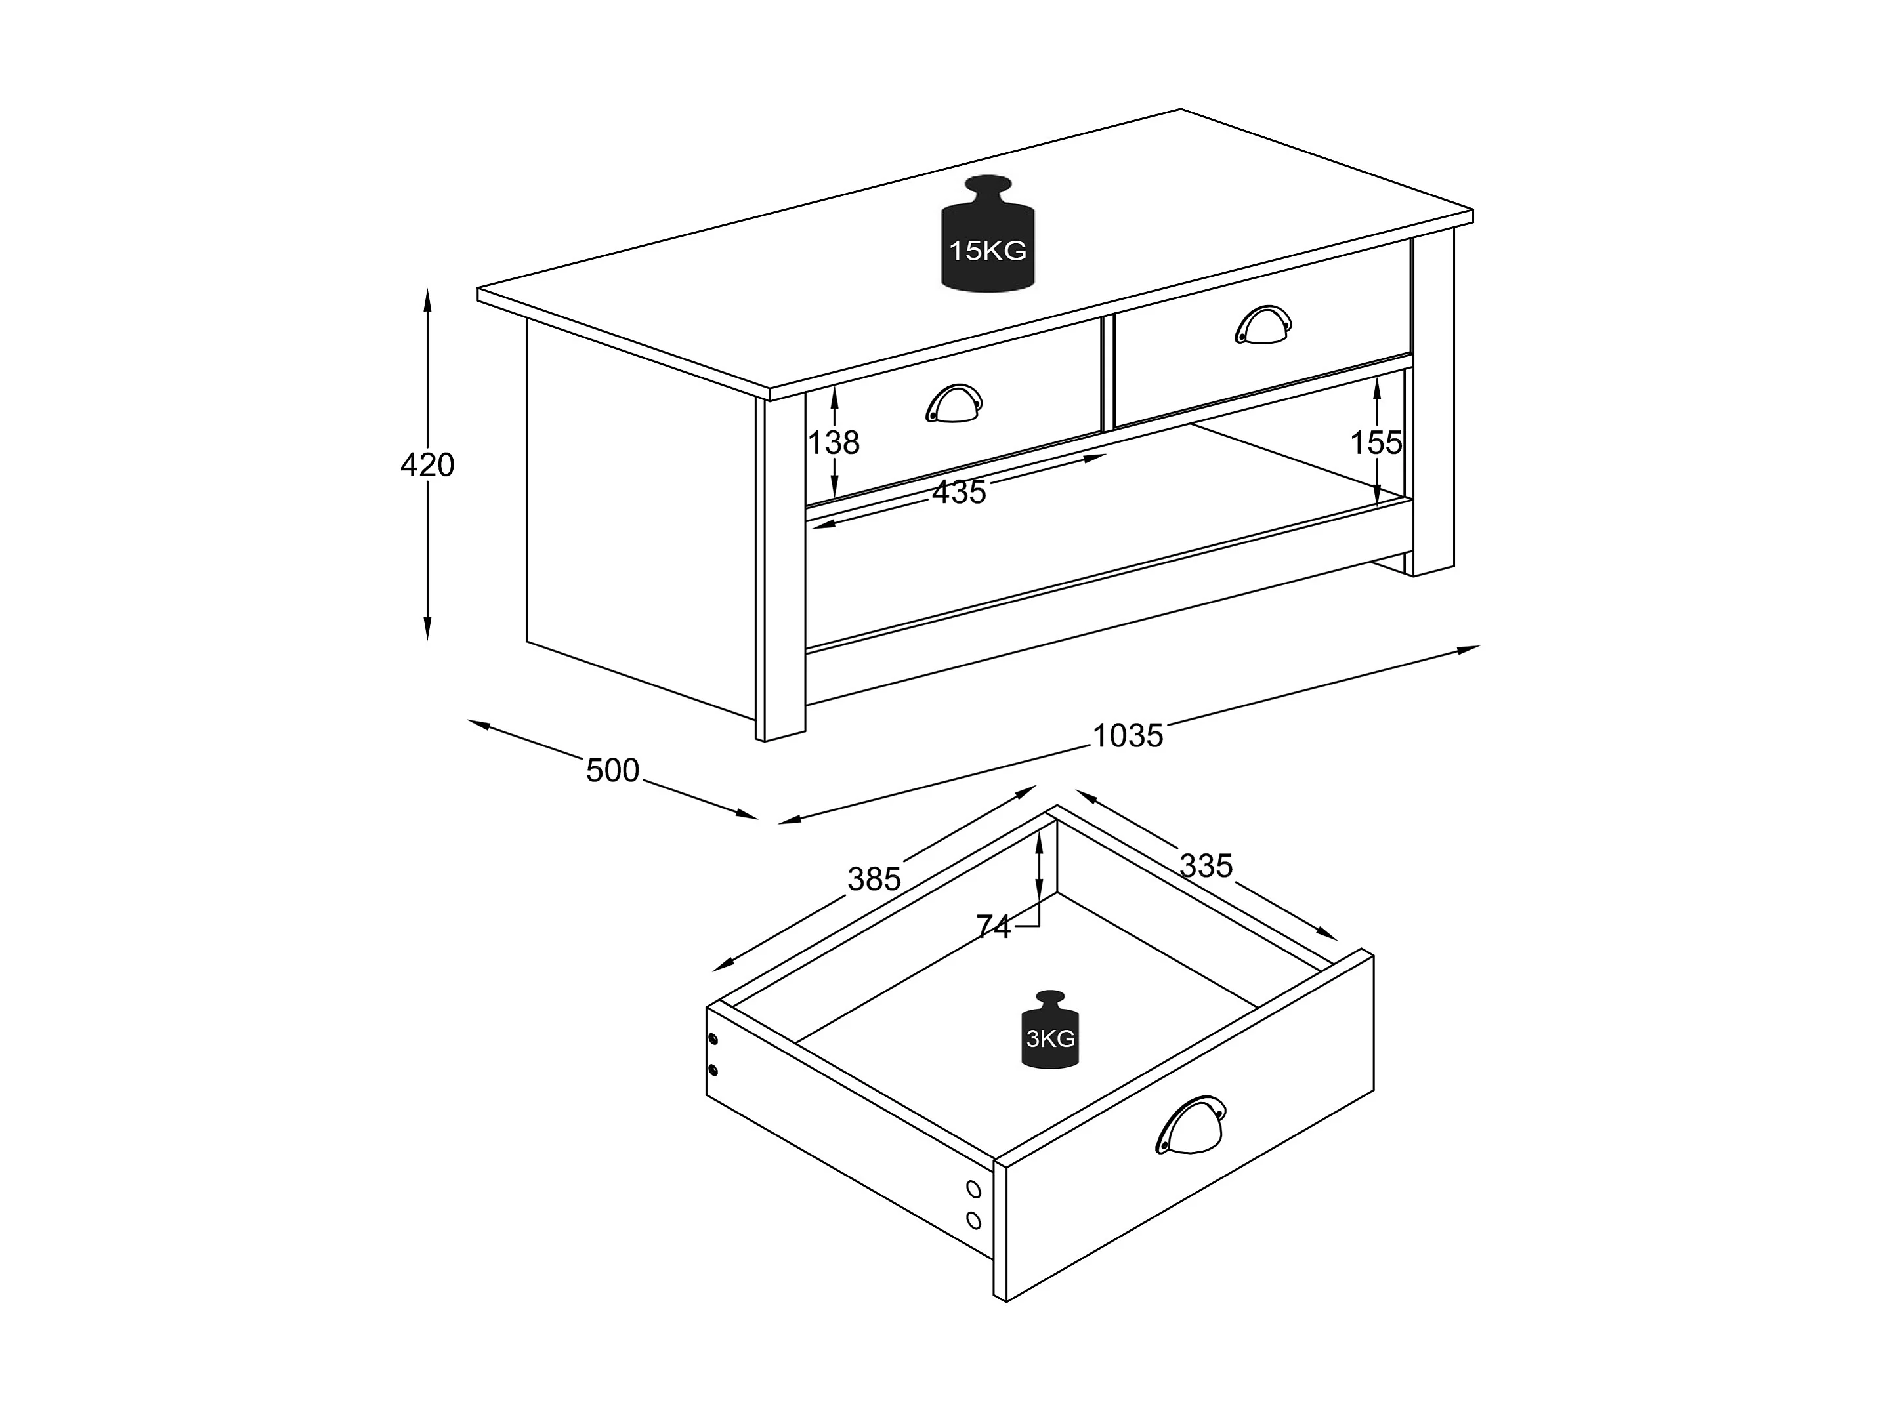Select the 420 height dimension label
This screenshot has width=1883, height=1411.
(427, 464)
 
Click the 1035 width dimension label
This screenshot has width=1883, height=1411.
(1127, 735)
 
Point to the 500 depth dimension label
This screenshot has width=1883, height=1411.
(612, 770)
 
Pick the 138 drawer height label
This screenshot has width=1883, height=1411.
(834, 443)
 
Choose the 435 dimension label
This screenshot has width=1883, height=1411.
(960, 492)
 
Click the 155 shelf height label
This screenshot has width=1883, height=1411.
(1376, 443)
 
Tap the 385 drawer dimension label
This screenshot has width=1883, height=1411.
(874, 878)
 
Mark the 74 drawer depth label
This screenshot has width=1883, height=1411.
(994, 926)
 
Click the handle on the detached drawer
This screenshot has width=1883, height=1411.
(1190, 1125)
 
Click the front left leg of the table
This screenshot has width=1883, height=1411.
(780, 569)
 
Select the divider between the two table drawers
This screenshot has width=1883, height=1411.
(1107, 373)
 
